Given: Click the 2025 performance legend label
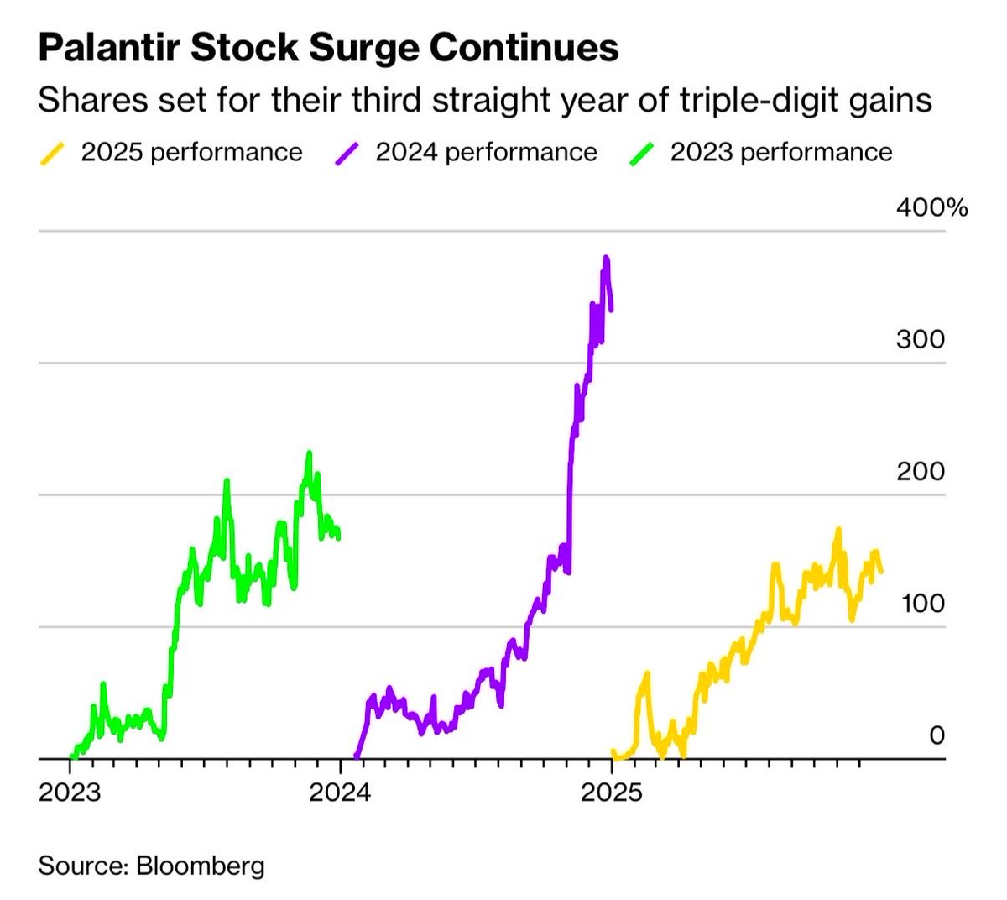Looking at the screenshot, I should (x=191, y=152).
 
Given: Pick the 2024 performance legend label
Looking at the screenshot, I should (x=486, y=152).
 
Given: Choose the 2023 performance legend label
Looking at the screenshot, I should (x=780, y=152).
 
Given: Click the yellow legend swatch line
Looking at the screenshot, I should (x=52, y=153).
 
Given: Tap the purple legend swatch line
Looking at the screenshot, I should (x=347, y=153).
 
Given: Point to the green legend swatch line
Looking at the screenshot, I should (x=641, y=153).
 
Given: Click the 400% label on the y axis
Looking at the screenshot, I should (x=931, y=207).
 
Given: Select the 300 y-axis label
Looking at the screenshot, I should (x=920, y=339).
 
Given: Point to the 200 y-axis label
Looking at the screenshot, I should (x=920, y=471).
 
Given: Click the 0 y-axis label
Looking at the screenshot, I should (x=937, y=735).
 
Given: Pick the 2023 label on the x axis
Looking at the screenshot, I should (x=69, y=793).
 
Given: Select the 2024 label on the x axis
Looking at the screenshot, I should (x=340, y=793).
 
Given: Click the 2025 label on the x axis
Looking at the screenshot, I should (x=612, y=793).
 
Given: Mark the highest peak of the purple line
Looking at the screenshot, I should (x=606, y=258).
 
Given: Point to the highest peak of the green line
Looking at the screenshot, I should (x=309, y=453).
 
